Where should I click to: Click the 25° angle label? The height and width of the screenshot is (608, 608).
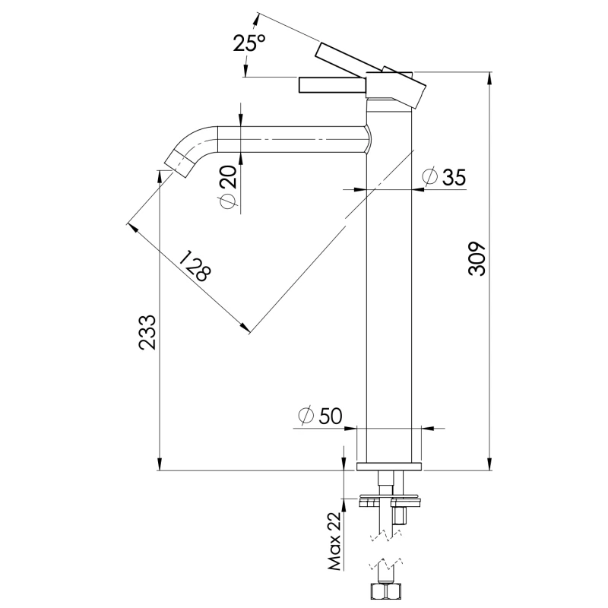click(x=249, y=43)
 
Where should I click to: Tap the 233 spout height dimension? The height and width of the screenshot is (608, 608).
click(x=147, y=332)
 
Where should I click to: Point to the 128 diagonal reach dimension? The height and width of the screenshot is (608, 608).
click(x=197, y=266)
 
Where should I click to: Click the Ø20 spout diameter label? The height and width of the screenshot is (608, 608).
click(x=228, y=187)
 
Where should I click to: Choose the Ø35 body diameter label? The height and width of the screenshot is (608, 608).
click(x=444, y=177)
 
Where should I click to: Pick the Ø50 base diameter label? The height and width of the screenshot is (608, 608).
click(x=320, y=416)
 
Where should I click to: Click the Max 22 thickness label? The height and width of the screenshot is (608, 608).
click(x=334, y=541)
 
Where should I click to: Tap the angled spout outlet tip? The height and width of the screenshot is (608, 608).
click(x=179, y=163)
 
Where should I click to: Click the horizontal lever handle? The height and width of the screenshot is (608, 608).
click(x=332, y=85)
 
